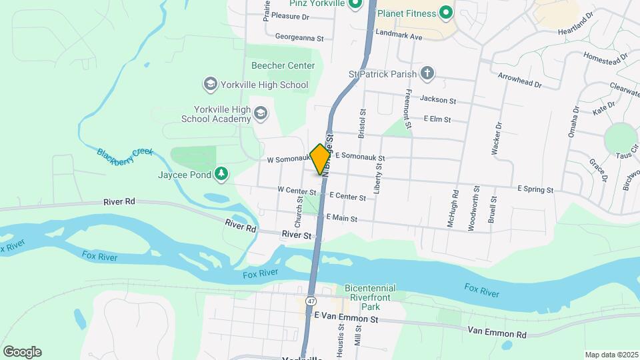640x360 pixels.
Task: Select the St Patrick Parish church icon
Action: coord(427,74)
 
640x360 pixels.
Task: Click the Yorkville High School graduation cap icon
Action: coord(211,85)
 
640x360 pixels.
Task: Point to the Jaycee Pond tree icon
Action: coord(221,175)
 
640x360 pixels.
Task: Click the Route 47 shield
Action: coord(311,301)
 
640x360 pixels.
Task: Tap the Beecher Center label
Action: coord(283,65)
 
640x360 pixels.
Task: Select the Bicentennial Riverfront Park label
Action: coord(370,297)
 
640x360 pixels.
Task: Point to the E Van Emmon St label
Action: coord(346,320)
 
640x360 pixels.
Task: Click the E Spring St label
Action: coord(536,189)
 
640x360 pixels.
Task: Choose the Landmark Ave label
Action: coord(399,37)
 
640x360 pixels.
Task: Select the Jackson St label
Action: coord(437,101)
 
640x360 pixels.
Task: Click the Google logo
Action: coord(22,352)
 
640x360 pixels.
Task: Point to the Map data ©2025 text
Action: coord(611,355)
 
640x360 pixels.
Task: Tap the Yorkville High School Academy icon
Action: coord(261,114)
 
